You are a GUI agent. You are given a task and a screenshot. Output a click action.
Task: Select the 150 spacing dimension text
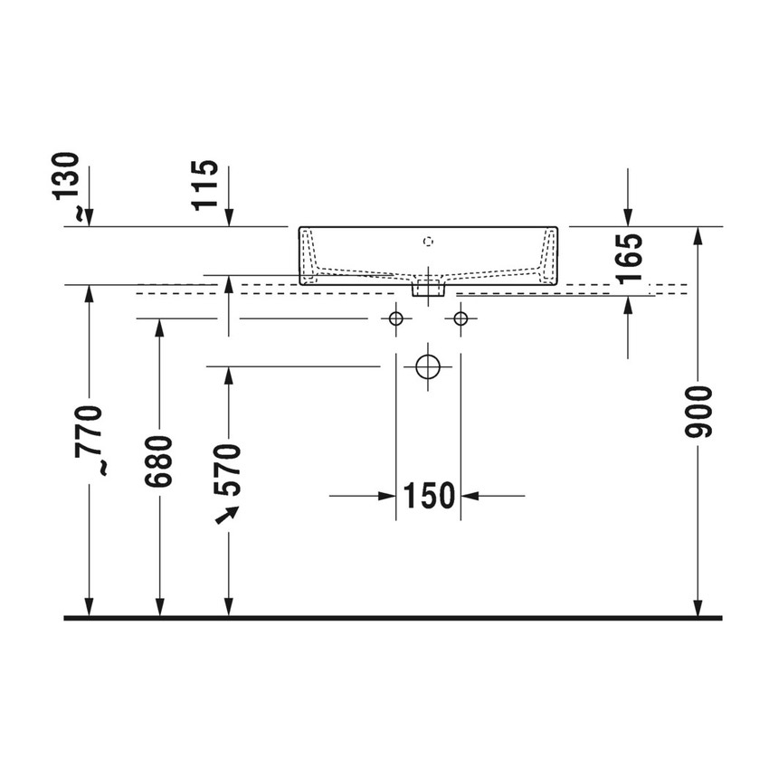pos(428,496)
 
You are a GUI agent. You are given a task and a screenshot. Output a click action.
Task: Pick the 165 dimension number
pos(629,259)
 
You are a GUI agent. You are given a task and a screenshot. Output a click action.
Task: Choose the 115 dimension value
pos(207,184)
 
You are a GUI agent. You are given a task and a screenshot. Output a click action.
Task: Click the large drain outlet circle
pos(427,366)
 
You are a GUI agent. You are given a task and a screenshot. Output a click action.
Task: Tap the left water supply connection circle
pos(395,318)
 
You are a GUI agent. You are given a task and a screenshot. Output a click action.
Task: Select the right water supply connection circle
pos(460,318)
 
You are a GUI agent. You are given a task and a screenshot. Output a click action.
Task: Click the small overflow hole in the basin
pos(429,242)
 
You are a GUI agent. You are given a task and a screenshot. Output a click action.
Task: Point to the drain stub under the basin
pos(428,289)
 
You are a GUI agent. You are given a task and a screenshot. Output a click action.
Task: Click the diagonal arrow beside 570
pos(226,515)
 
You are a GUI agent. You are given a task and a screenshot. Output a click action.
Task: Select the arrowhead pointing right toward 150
pos(386,496)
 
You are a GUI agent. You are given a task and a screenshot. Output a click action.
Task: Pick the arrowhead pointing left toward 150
pos(471,496)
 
